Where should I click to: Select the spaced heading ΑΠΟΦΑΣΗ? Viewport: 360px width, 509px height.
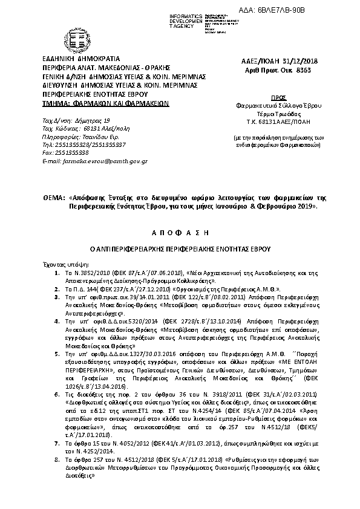(x=179, y=232)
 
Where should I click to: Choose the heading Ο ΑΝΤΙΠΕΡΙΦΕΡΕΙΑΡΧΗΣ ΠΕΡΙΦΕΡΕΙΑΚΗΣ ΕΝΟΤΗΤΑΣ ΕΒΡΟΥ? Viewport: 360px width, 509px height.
(x=179, y=248)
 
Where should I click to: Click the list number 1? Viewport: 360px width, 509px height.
(x=57, y=274)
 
